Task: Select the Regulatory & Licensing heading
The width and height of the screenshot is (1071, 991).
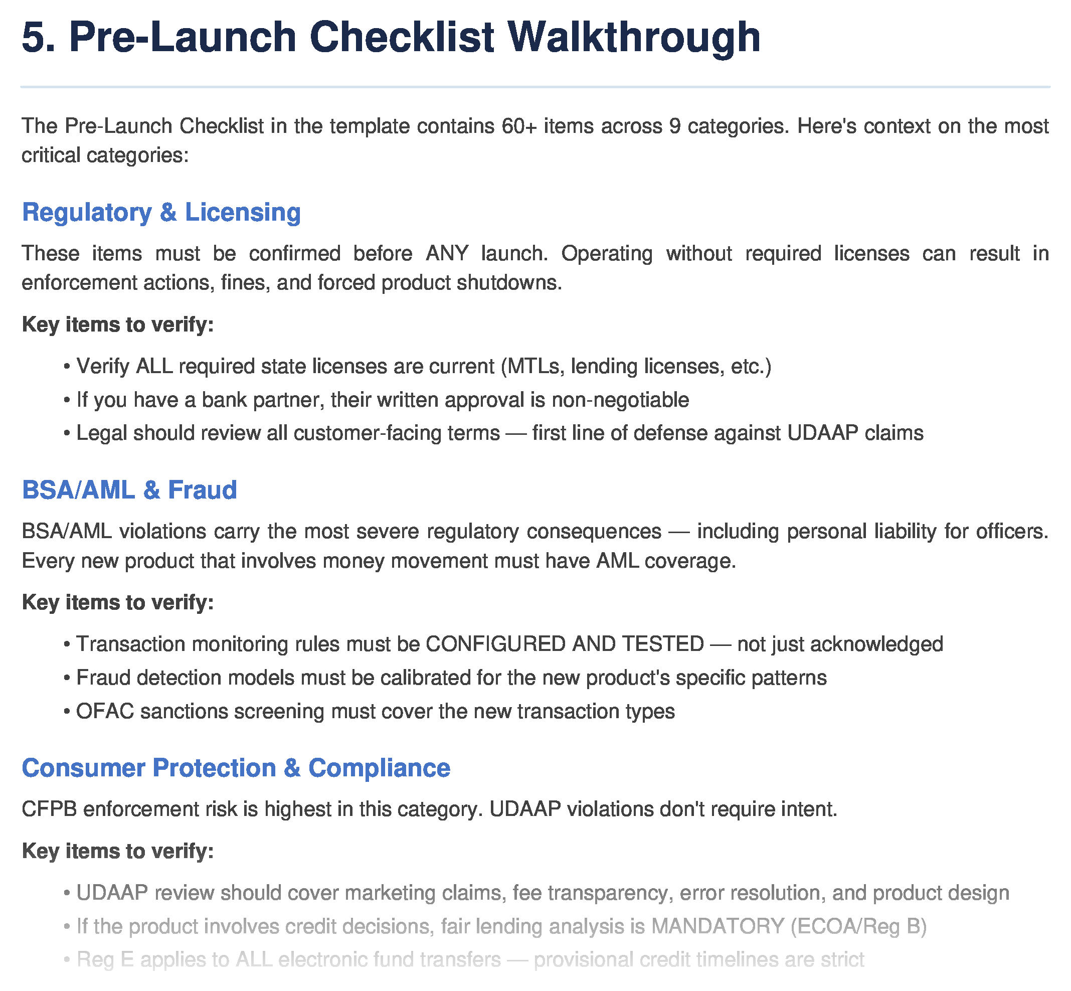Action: click(x=161, y=212)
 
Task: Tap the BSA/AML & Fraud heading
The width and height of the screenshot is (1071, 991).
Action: click(x=129, y=490)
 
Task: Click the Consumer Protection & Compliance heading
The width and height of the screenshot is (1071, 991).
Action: click(x=236, y=768)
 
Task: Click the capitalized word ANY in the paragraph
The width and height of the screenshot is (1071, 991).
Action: click(x=447, y=253)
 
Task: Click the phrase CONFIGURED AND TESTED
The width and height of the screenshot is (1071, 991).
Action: click(x=565, y=644)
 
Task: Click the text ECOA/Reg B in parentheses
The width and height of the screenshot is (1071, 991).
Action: click(x=859, y=927)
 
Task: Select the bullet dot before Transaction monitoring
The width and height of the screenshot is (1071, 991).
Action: click(x=67, y=644)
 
